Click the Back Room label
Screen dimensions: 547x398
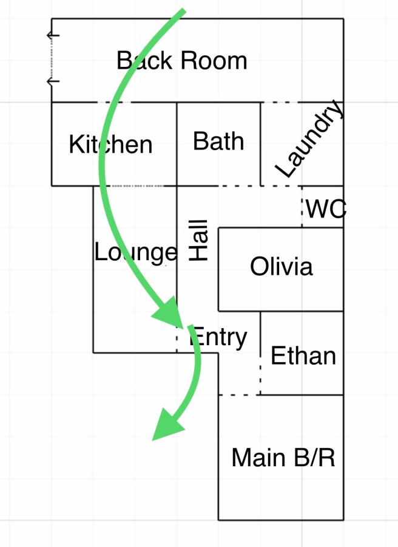pos(182,61)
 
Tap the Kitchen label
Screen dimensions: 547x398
pos(110,145)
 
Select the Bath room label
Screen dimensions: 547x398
pos(218,142)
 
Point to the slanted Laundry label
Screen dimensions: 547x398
pos(309,140)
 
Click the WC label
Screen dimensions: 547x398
pos(325,209)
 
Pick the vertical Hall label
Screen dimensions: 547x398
pos(199,241)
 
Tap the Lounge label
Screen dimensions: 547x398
pos(135,252)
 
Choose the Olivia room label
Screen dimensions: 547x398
pos(282,266)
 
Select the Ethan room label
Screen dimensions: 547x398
pos(303,356)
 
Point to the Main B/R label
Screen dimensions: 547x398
pos(283,458)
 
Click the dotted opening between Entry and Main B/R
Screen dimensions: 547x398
pos(239,394)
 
